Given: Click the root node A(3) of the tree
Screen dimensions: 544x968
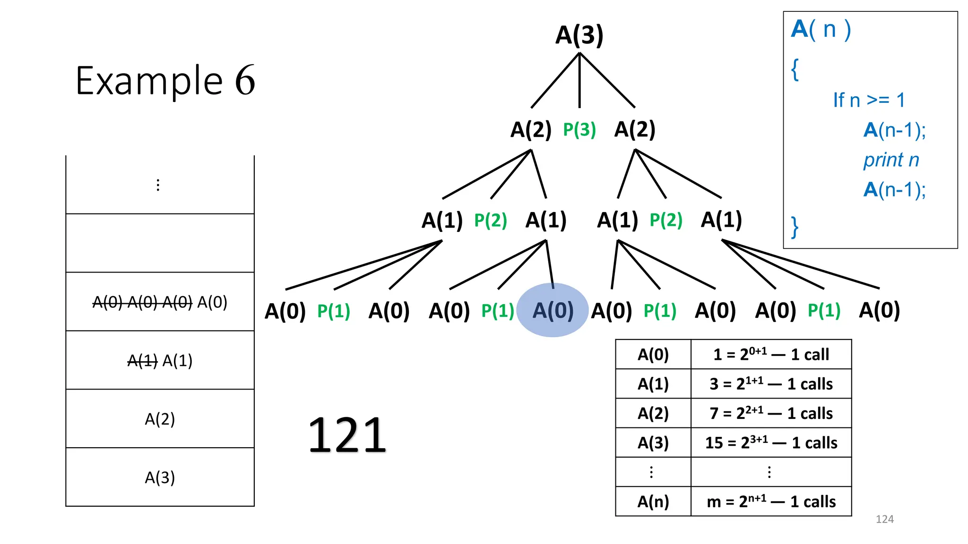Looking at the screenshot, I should coord(579,35).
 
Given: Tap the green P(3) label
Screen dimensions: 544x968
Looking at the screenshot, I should coord(579,129).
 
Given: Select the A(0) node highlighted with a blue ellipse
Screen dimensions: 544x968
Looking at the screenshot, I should coord(553,310).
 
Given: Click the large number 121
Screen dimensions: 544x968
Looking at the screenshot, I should coord(347,435).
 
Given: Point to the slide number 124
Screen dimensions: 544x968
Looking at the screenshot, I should coord(884,519).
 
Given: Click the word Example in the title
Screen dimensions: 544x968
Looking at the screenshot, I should coord(149,81).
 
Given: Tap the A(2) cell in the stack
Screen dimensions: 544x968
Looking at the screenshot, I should coord(160,419).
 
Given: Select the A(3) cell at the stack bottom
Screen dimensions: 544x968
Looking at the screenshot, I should coord(160,477).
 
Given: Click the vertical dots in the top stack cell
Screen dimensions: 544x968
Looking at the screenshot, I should coord(158,185).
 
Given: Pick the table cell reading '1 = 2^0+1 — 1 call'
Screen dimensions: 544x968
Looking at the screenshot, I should coord(771,354).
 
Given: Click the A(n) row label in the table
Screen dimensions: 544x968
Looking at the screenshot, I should coord(653,501).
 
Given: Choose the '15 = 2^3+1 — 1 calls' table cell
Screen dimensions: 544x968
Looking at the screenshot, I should coord(771,442).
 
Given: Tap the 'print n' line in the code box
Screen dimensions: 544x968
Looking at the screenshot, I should coord(891,160).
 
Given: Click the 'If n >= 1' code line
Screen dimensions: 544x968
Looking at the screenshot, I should coord(869,100).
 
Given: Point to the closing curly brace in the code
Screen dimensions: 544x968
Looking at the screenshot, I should coord(795,227).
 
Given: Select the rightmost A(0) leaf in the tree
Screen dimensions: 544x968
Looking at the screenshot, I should coord(879,310).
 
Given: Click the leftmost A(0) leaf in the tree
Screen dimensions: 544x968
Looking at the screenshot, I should coord(285,311).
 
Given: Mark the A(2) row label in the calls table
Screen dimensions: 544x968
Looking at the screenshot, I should coord(653,413).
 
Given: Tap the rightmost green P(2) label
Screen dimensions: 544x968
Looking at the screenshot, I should coord(666,220).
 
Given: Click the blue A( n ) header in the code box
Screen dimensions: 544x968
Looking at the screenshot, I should coord(821,29).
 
